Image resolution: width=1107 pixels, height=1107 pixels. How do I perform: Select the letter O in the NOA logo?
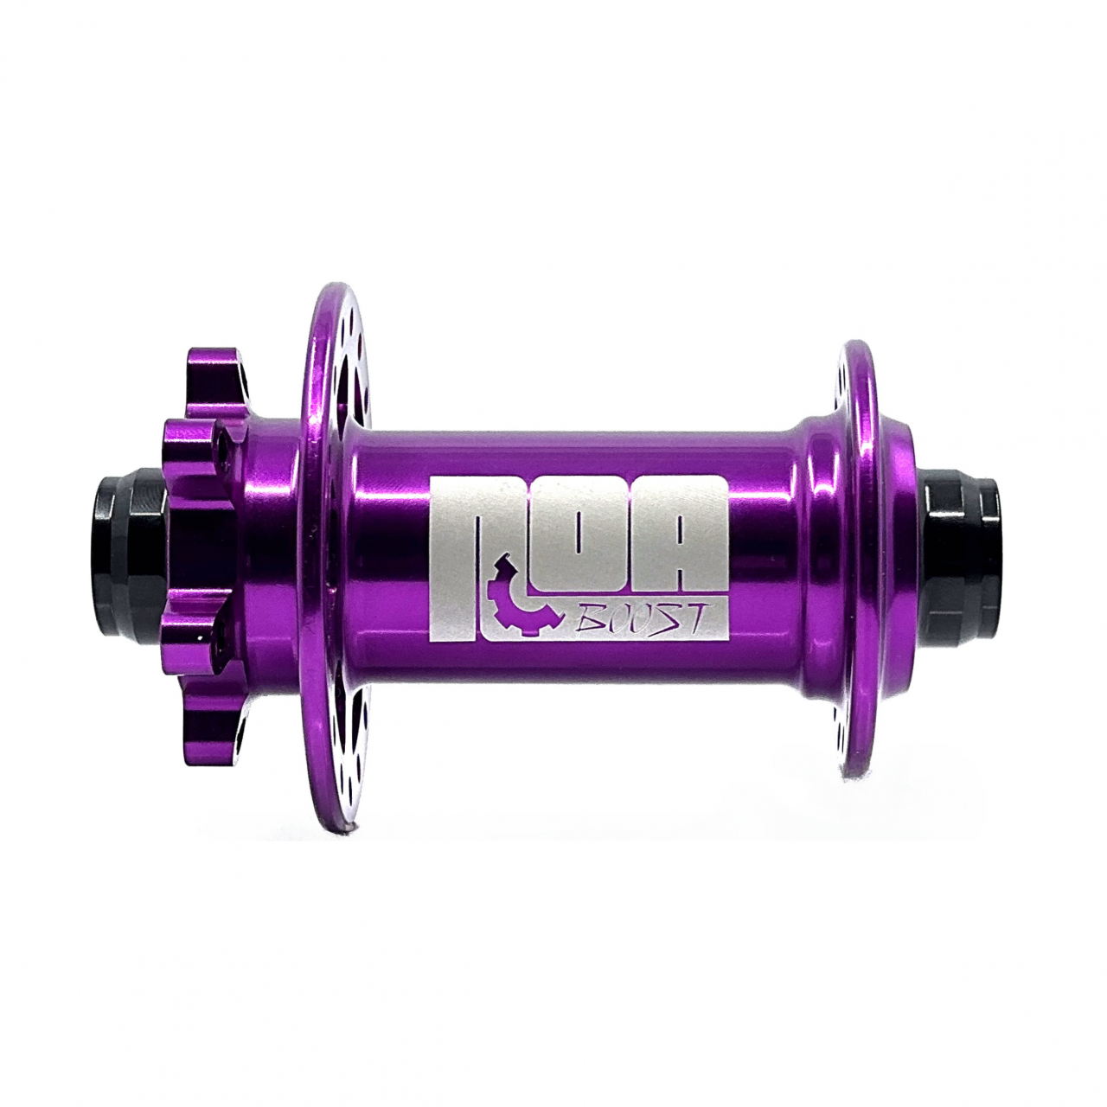(579, 536)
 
